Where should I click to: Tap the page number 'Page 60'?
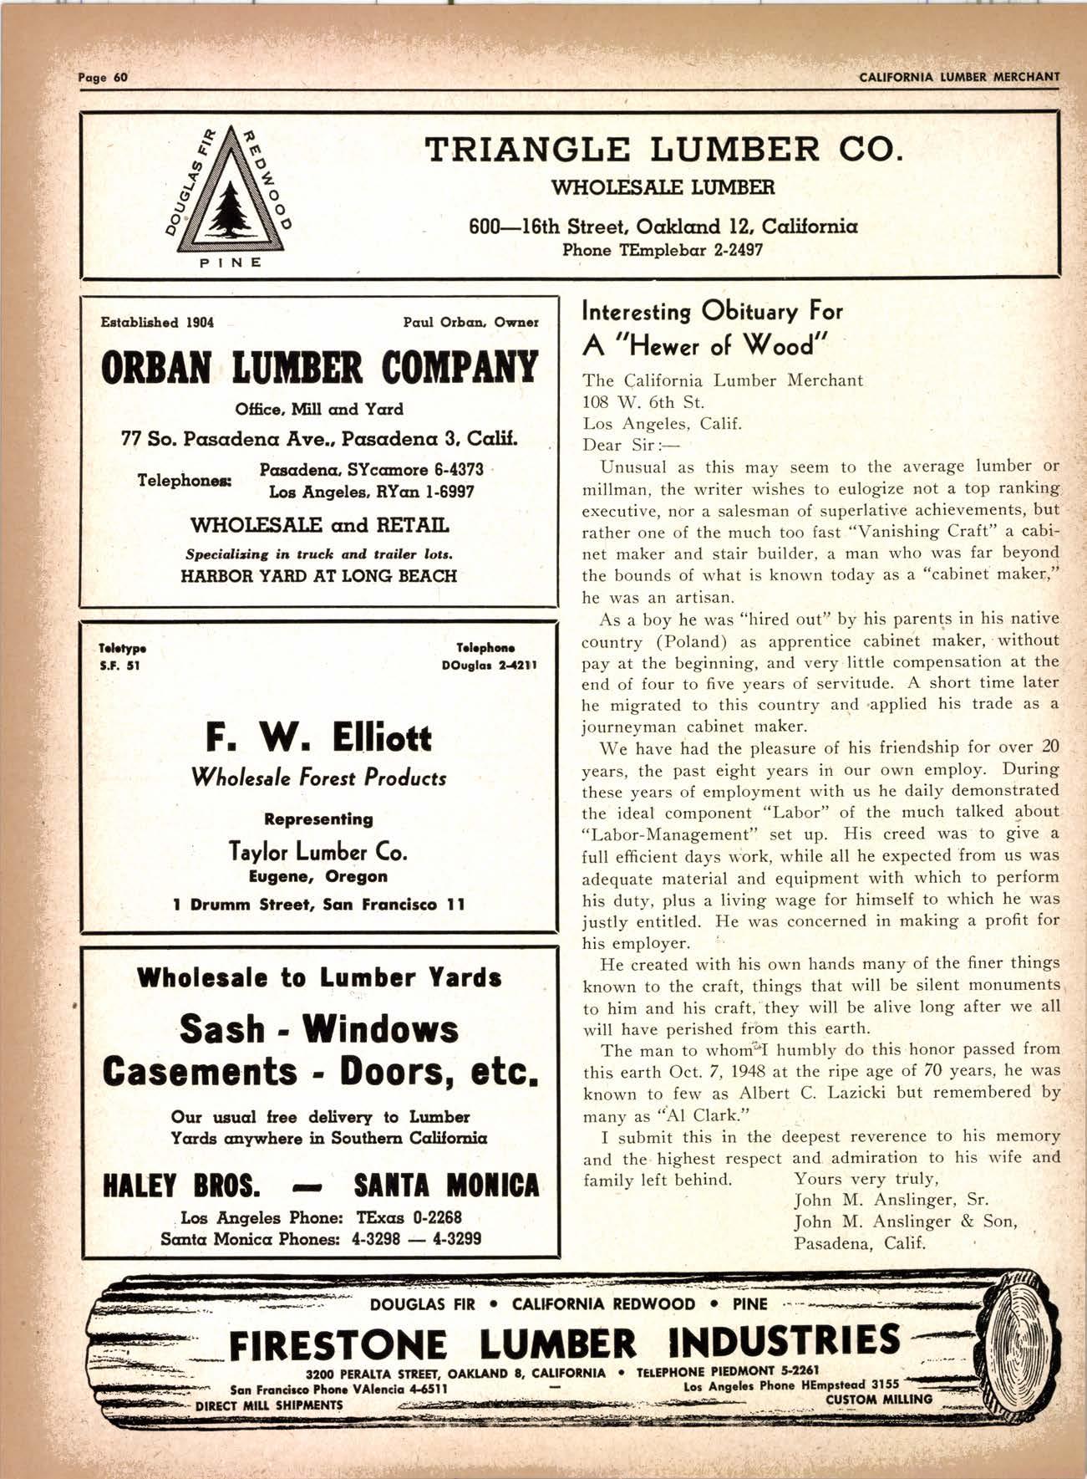[x=101, y=78]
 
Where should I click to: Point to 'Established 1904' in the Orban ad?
[x=157, y=322]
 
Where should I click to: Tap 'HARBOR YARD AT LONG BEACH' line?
[x=318, y=576]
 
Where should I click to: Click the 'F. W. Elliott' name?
[x=318, y=737]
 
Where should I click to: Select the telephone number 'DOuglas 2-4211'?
[x=488, y=666]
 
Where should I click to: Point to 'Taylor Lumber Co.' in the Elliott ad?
[x=318, y=852]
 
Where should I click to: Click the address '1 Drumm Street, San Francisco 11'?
[x=318, y=905]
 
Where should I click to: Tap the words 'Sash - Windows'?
[x=318, y=1028]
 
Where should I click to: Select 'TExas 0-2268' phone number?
[x=409, y=1217]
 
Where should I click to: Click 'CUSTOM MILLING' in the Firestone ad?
[x=878, y=1399]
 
